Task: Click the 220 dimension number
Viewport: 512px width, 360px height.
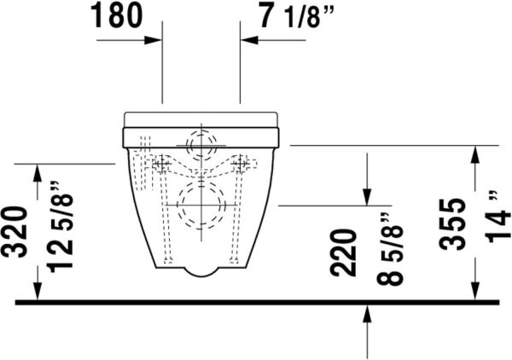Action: point(343,253)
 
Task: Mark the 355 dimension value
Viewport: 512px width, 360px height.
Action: point(455,224)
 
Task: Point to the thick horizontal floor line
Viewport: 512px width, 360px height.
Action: point(256,301)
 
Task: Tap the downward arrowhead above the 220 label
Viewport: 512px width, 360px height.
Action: point(367,198)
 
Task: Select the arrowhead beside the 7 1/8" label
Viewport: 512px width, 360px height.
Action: point(247,39)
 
